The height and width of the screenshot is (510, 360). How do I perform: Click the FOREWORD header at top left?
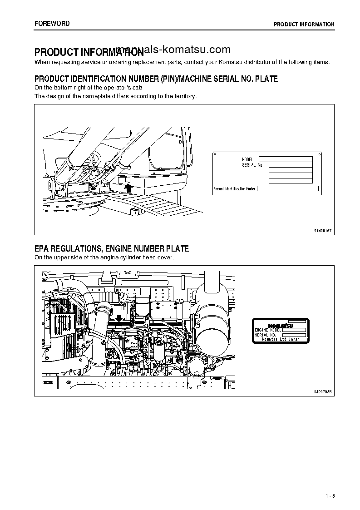point(52,24)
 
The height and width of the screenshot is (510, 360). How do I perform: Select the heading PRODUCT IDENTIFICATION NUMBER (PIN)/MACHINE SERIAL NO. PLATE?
point(156,79)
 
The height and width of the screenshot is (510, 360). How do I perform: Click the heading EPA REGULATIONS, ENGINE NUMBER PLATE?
point(112,248)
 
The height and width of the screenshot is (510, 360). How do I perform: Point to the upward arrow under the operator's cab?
point(128,185)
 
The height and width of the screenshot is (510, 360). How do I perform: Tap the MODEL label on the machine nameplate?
point(247,159)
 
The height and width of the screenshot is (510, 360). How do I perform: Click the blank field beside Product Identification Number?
point(288,188)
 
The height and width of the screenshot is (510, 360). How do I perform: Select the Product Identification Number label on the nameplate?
point(234,188)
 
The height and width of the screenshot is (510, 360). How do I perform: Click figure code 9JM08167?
point(323,231)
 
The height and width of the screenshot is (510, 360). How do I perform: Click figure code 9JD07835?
point(323,391)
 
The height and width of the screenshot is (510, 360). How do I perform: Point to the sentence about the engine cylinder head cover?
point(104,257)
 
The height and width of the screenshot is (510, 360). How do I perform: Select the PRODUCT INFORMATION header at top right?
point(304,25)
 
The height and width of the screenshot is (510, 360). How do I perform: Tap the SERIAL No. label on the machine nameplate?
point(252,165)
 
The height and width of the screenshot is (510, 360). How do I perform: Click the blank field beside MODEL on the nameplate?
point(285,159)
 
